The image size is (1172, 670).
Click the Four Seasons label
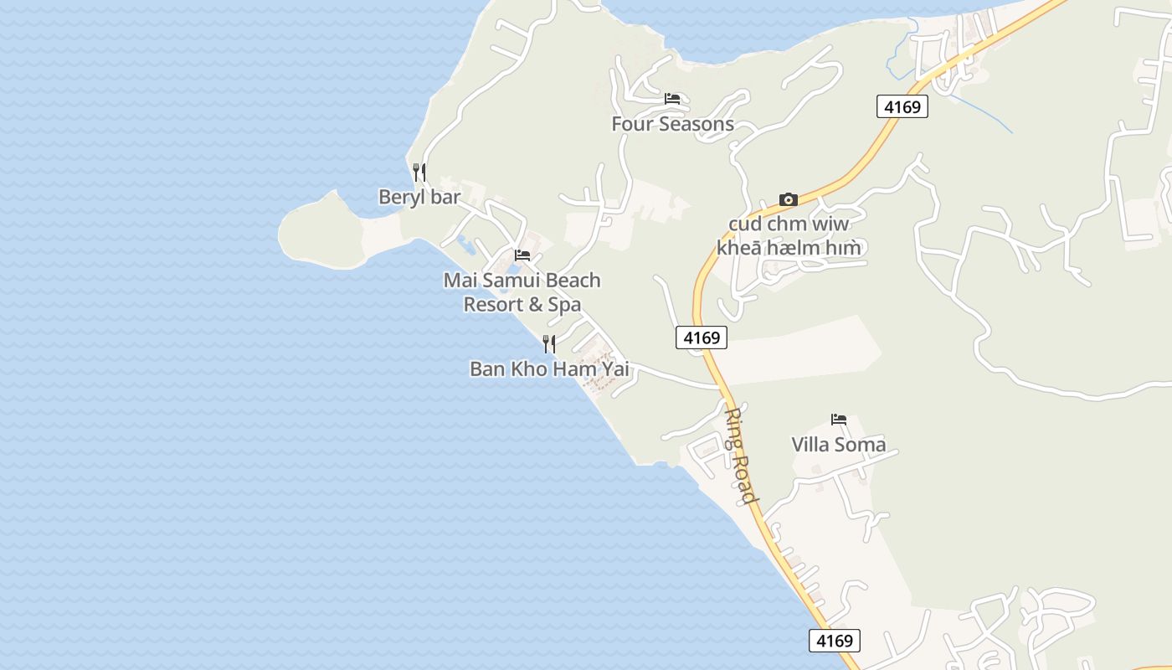[672, 124]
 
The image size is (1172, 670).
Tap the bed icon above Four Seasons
[671, 99]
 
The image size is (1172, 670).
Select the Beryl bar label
[419, 197]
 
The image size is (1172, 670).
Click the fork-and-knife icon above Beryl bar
[419, 173]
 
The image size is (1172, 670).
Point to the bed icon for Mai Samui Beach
[522, 255]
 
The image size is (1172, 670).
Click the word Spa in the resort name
[564, 304]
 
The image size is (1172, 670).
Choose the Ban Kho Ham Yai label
[549, 368]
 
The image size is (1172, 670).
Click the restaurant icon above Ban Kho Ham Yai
[548, 343]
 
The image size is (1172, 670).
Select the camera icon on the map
[788, 199]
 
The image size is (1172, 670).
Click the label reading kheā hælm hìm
[789, 248]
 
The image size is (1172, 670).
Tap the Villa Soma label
[839, 444]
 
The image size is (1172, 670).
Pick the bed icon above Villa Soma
[839, 419]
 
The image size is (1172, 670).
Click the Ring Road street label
[740, 456]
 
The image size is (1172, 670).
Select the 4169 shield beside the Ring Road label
[702, 338]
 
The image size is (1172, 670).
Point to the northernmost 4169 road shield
[902, 106]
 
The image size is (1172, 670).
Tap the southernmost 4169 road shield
[835, 641]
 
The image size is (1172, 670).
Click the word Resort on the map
[493, 304]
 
